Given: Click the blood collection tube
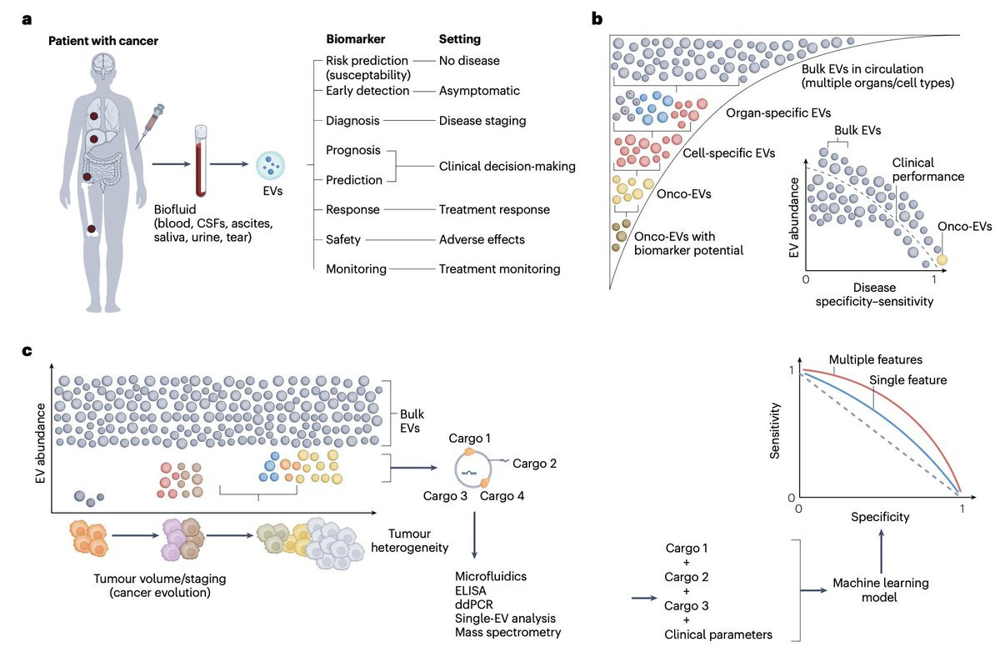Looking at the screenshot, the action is click(201, 161).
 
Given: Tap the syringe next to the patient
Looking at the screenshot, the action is click(151, 127).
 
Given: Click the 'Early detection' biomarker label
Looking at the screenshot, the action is click(367, 91).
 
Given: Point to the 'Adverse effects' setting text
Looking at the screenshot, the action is click(482, 239).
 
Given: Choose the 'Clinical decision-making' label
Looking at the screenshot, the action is click(507, 166).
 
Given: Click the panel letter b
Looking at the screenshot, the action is click(597, 18).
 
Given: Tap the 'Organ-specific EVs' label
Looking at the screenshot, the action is click(778, 113).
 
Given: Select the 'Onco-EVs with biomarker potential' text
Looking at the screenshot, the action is click(689, 243).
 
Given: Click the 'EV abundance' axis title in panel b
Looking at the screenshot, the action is click(793, 218).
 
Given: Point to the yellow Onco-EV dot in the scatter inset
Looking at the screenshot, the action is click(942, 260).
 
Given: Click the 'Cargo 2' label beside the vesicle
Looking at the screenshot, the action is click(534, 464).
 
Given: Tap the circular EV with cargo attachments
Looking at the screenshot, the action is click(473, 469).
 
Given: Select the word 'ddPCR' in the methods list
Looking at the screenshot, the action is click(473, 604).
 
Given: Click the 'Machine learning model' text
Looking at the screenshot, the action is click(880, 590).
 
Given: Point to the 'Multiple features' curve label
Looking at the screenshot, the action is click(876, 359).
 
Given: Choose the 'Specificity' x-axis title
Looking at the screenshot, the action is click(880, 517).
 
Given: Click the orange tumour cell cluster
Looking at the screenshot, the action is click(89, 537).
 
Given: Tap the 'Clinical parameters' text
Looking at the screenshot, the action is click(717, 634).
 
